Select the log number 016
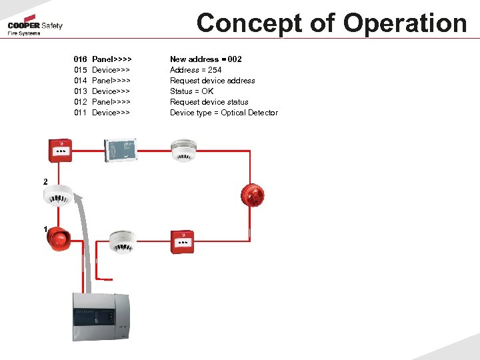pos(81,59)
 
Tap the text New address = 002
pos(205,59)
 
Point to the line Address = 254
pos(195,70)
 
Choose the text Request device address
pos(212,81)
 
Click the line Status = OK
pos(191,91)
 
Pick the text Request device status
pos(209,102)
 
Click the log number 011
pos(81,113)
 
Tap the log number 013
pos(81,91)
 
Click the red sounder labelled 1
pos(59,238)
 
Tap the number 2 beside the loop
pos(45,182)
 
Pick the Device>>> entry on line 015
pos(111,70)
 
